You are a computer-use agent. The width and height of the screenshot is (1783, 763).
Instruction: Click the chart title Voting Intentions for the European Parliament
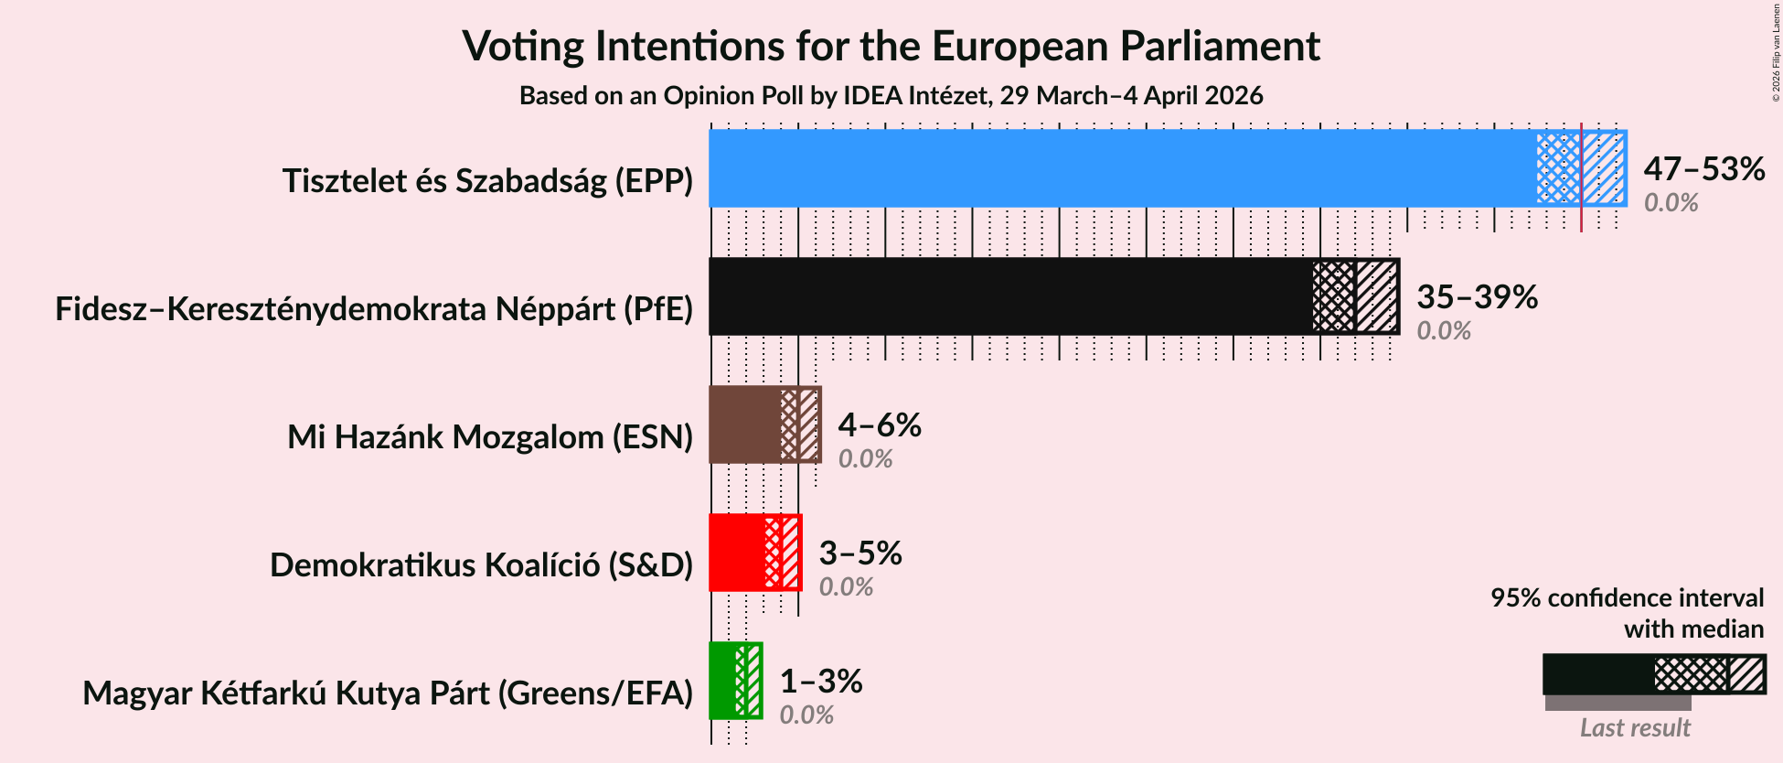(891, 46)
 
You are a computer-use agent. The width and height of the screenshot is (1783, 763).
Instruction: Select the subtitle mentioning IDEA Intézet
(891, 96)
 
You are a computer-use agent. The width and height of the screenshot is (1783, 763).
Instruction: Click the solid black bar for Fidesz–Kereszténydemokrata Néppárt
(1009, 296)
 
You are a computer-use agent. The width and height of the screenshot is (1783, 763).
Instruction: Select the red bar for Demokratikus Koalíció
(736, 553)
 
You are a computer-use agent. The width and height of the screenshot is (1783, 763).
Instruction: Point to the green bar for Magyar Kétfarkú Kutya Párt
(722, 681)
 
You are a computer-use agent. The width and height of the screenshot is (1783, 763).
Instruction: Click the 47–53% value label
(1703, 169)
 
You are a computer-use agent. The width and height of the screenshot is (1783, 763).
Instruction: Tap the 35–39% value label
(1477, 297)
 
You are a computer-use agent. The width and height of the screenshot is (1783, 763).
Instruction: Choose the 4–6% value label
(879, 425)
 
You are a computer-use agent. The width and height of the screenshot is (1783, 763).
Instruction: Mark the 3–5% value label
(859, 553)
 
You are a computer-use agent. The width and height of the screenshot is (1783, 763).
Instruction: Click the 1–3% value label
(820, 682)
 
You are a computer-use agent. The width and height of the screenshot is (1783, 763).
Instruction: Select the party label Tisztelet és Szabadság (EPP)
(487, 181)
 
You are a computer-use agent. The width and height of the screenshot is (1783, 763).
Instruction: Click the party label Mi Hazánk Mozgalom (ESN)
(490, 437)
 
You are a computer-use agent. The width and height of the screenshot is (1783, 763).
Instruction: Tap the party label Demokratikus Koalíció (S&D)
(481, 565)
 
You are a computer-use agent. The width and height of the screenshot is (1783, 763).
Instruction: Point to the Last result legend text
(1634, 728)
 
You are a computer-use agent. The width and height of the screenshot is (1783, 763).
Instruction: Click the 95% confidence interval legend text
(1627, 598)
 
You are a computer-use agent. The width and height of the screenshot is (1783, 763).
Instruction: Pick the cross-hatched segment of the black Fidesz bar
(1333, 296)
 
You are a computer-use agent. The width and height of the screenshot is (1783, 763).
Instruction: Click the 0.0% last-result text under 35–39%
(1443, 331)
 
